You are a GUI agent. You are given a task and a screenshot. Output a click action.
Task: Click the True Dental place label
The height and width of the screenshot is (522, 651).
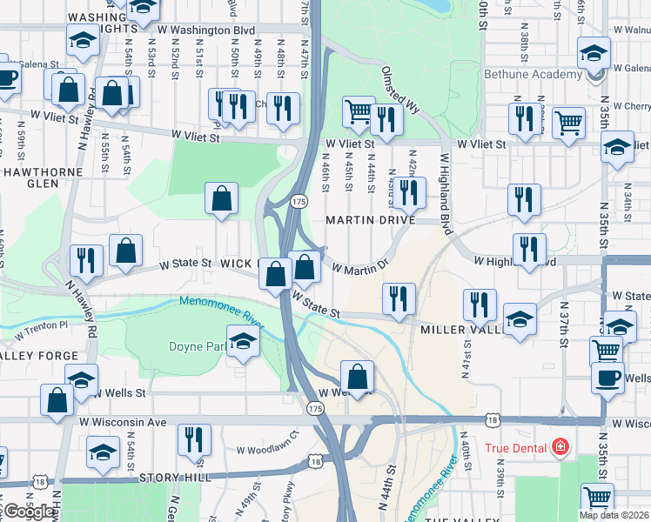(514, 449)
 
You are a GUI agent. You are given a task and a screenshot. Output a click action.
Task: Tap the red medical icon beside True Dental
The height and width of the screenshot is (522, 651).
(560, 449)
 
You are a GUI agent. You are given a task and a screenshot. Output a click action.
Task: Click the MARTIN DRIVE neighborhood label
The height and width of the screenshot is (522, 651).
(370, 221)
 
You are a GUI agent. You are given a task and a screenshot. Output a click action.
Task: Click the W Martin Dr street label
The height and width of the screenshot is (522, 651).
(359, 266)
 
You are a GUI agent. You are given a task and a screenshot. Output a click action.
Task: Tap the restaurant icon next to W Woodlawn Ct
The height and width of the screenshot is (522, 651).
(194, 438)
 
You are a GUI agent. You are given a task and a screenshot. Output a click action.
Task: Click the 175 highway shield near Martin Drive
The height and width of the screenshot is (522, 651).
(299, 202)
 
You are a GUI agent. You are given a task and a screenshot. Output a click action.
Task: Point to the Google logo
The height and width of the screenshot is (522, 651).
(30, 512)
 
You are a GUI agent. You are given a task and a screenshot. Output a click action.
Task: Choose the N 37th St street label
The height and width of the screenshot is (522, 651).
(564, 323)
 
